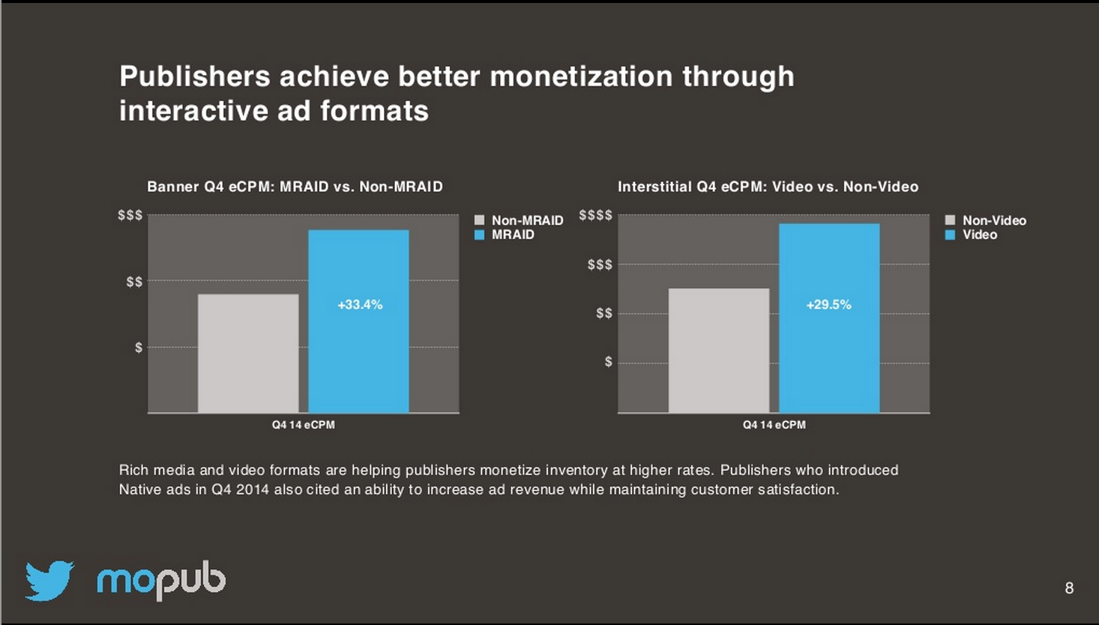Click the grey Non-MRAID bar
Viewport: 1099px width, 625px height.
(248, 353)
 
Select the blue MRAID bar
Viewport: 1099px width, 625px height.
(358, 352)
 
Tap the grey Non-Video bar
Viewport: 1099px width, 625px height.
(719, 350)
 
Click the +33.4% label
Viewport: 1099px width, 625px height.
(360, 305)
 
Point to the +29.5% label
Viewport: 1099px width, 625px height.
(828, 305)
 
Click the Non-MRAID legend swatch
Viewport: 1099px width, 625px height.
(480, 220)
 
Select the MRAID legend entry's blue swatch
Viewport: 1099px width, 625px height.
(480, 235)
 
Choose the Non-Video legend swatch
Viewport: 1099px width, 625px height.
(950, 220)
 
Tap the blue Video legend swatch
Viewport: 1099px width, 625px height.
(950, 235)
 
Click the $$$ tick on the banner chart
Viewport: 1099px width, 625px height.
(130, 216)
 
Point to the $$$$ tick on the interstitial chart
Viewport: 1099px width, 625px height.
(595, 216)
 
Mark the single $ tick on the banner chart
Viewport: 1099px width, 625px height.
(139, 348)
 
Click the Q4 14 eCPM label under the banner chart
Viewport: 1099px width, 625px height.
(303, 425)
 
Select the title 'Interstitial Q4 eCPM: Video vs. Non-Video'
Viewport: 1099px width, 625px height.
(768, 187)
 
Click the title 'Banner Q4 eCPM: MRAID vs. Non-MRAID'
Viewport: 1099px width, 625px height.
(295, 187)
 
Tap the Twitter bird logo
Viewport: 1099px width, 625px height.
(49, 580)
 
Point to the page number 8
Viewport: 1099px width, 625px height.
(1069, 588)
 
